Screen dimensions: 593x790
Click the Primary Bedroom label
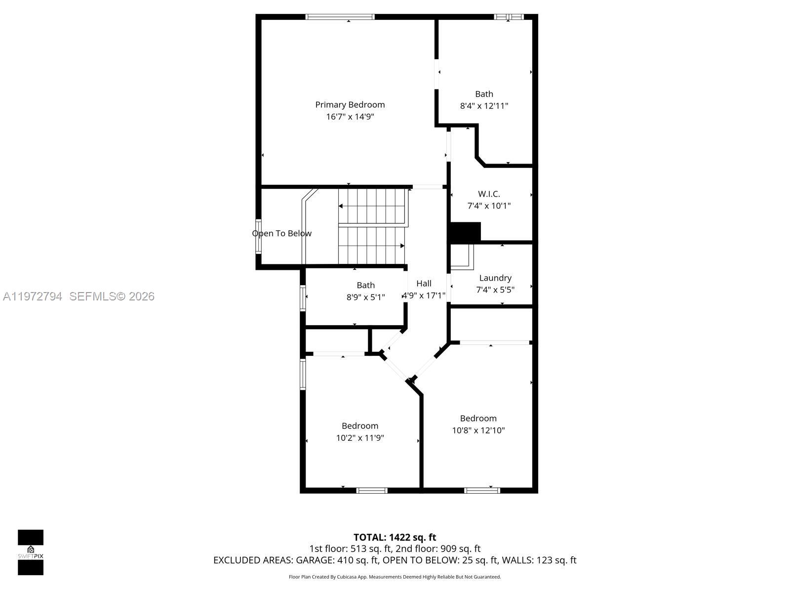click(x=350, y=105)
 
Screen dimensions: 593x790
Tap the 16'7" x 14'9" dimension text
click(x=350, y=117)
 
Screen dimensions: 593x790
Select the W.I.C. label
click(x=489, y=194)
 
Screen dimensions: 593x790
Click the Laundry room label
click(x=495, y=278)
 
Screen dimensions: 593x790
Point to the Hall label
click(x=424, y=284)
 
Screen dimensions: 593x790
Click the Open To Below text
click(x=282, y=233)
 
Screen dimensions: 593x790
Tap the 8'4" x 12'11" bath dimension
click(x=484, y=106)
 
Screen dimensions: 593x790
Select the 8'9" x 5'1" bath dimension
click(x=365, y=297)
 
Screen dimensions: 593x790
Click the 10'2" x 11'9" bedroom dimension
click(x=360, y=438)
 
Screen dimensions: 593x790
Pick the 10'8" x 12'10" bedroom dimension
click(x=478, y=430)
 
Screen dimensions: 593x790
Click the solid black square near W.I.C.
click(x=466, y=232)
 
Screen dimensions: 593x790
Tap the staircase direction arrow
click(x=402, y=246)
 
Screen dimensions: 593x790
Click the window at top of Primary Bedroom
click(x=340, y=17)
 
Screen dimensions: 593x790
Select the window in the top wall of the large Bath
click(x=509, y=17)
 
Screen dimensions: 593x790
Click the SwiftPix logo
click(x=31, y=552)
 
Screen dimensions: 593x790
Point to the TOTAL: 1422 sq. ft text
click(x=395, y=537)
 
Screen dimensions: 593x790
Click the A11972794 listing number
click(x=33, y=296)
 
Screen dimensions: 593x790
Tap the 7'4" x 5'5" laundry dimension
click(x=495, y=290)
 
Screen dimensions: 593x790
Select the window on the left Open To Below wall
click(x=258, y=236)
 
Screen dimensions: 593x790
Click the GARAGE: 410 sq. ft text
click(x=337, y=560)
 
